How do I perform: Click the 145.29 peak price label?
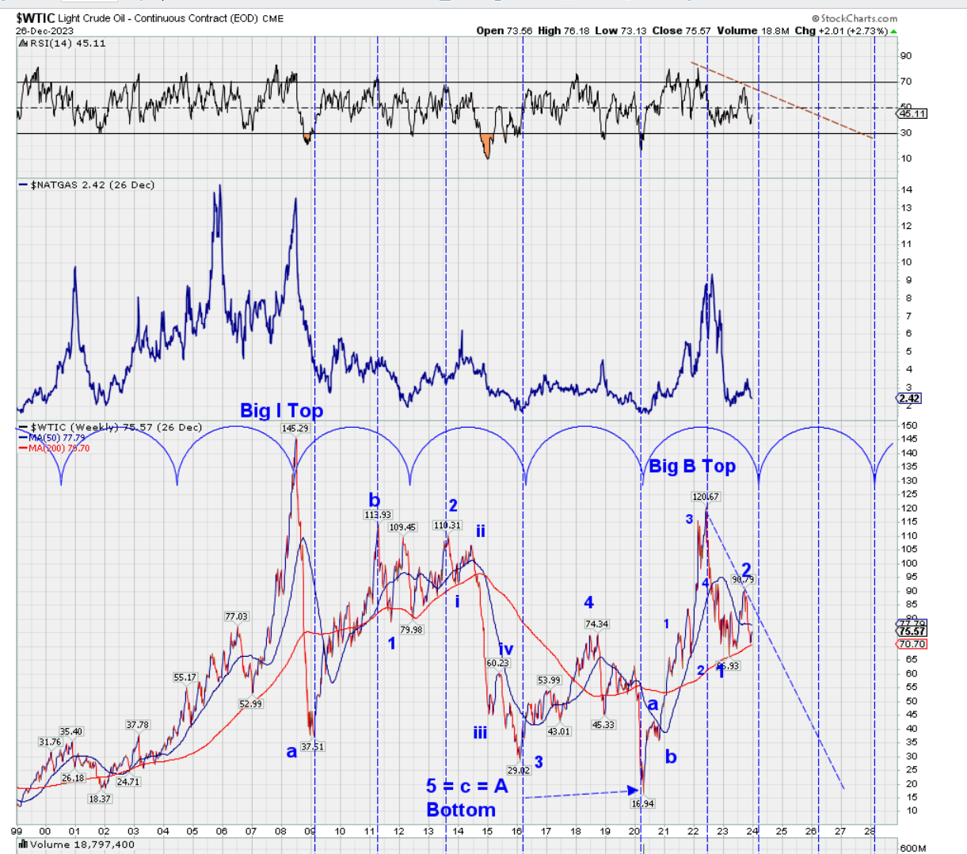[x=295, y=429]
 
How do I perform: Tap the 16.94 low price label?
[x=642, y=803]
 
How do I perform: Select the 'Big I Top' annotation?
[x=281, y=410]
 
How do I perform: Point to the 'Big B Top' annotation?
[x=691, y=466]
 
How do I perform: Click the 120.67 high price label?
[x=705, y=497]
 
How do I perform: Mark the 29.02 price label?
[x=519, y=769]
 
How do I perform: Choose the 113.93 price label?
[x=378, y=515]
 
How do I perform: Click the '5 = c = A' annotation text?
[x=466, y=786]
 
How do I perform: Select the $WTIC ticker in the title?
[x=35, y=18]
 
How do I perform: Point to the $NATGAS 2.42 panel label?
[x=86, y=185]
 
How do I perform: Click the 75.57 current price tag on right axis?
[x=912, y=631]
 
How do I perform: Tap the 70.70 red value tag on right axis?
[x=912, y=644]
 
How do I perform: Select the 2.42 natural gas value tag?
[x=910, y=398]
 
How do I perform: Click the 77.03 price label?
[x=236, y=616]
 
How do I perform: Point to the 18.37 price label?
[x=99, y=799]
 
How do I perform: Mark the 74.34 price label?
[x=596, y=624]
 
